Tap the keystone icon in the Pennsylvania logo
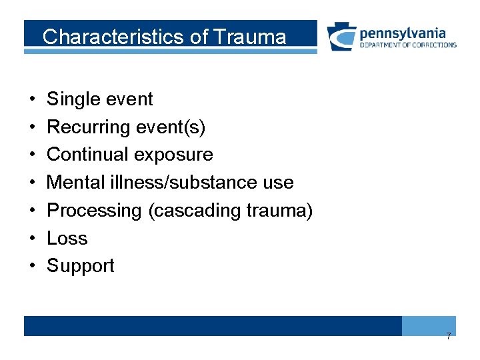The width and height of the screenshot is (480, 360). point(341,37)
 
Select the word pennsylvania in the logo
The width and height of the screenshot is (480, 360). point(402,33)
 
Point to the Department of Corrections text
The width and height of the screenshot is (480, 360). point(408,45)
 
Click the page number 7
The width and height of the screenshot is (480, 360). point(449,336)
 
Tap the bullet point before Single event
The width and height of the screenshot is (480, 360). point(32,99)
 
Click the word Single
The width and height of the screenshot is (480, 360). point(72,99)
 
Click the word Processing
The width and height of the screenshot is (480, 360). point(94,211)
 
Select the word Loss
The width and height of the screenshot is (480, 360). point(67,238)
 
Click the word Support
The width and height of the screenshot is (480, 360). point(81,266)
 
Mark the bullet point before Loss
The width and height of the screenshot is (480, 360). point(32,238)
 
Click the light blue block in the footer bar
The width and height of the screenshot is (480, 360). point(429,326)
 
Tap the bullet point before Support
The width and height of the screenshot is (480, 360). point(32,266)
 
